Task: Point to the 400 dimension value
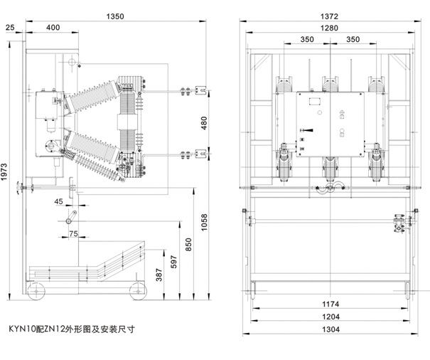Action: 53,27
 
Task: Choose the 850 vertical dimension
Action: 188,242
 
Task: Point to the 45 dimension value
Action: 58,202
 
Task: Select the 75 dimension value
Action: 72,233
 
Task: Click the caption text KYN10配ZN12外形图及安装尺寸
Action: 71,329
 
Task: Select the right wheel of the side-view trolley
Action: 135,289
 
